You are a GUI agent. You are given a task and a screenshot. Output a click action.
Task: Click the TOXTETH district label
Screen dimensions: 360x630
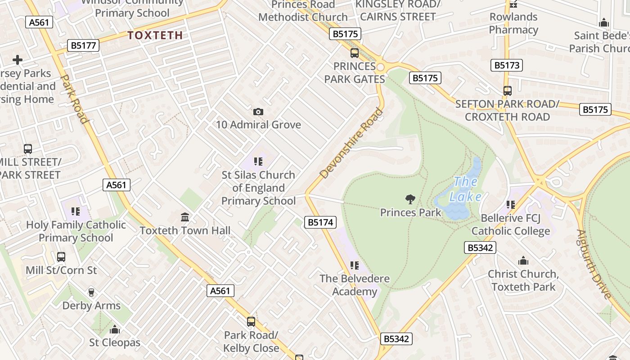click(155, 35)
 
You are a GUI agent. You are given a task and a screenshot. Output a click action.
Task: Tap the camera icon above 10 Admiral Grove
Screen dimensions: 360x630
click(258, 112)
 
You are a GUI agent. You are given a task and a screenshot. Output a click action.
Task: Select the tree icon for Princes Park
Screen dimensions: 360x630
click(410, 199)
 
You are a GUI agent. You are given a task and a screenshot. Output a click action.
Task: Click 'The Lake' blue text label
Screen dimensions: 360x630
click(466, 189)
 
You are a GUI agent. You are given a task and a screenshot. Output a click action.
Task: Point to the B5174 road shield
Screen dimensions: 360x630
click(320, 222)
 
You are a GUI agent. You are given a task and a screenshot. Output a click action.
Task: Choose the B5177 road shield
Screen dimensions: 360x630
click(83, 45)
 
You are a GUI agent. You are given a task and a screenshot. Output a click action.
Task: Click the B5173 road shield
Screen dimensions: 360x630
click(507, 65)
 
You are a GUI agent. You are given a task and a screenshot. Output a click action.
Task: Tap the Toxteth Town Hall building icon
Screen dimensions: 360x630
click(184, 218)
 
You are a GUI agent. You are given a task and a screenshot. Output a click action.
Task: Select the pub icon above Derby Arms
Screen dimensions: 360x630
click(91, 292)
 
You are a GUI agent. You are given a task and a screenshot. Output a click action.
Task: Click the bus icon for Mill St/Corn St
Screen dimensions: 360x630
click(61, 257)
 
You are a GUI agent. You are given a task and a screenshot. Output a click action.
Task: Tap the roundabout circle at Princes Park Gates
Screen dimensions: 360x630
click(381, 67)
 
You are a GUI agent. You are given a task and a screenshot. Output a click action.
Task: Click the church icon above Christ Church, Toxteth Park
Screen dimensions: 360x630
click(523, 261)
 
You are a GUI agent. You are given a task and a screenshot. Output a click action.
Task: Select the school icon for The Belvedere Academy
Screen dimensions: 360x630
click(355, 265)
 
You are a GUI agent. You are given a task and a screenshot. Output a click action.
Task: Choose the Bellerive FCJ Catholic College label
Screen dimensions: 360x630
click(510, 225)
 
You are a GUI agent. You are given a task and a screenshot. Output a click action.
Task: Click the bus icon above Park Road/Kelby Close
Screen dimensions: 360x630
click(251, 322)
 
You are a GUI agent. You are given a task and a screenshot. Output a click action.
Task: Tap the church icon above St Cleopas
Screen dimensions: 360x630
click(115, 329)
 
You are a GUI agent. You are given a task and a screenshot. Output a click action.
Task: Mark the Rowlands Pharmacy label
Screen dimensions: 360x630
click(513, 23)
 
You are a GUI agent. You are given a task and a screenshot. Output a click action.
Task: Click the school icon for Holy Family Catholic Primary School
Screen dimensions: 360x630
click(76, 211)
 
